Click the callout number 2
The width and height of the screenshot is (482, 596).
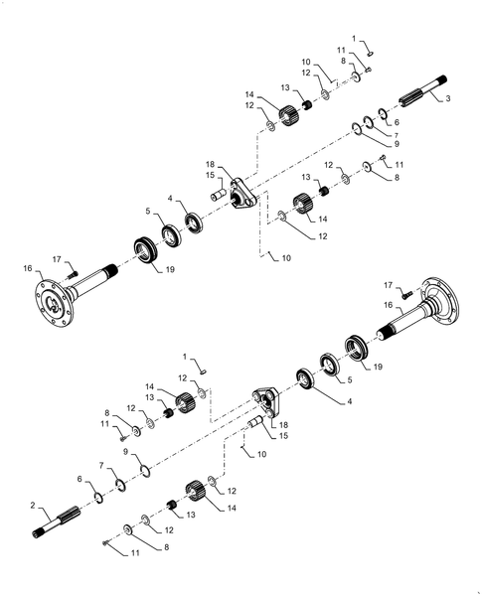point(35,506)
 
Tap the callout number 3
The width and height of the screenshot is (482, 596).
point(447,99)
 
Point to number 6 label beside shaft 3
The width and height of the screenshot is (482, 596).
point(396,122)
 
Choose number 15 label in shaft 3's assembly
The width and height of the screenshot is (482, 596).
point(211,176)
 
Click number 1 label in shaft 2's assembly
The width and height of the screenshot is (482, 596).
point(183,357)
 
